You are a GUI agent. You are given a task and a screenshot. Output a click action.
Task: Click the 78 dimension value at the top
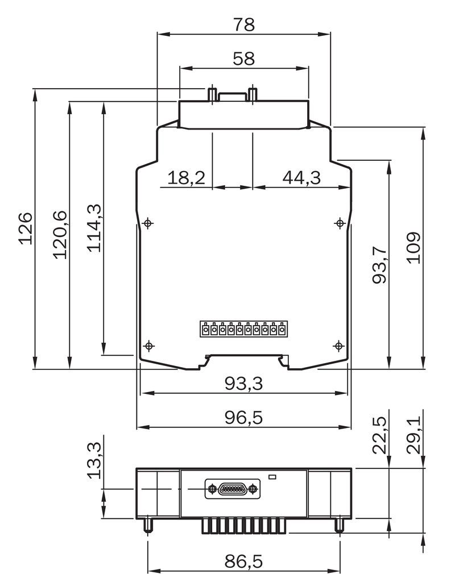point(243,25)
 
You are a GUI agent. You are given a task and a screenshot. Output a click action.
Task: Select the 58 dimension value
point(243,59)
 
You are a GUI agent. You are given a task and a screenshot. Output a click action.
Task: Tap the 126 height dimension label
point(26,228)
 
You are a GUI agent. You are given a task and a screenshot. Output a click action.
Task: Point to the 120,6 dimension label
point(60,235)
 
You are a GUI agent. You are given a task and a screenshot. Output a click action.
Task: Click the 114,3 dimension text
point(94,228)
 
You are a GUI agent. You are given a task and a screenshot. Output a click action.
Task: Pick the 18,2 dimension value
point(186,177)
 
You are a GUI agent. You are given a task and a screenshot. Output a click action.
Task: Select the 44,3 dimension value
point(301,177)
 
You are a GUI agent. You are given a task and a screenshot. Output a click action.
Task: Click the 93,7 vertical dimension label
point(379,265)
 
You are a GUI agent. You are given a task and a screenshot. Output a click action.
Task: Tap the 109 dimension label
point(413,247)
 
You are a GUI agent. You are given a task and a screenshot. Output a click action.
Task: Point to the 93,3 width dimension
point(243,384)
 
